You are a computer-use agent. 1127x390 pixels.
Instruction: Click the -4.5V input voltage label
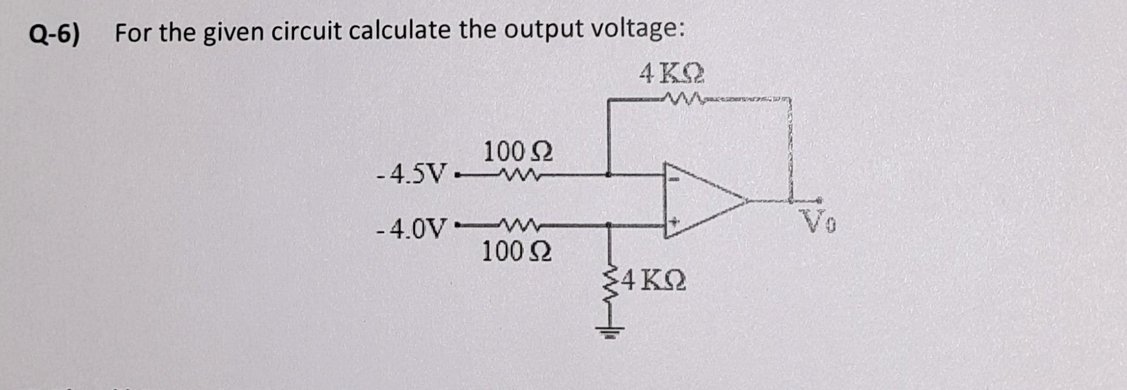pyautogui.click(x=411, y=174)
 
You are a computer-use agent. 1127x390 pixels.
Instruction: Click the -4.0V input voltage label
pyautogui.click(x=411, y=228)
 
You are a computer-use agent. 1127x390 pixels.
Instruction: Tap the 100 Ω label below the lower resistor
pyautogui.click(x=517, y=252)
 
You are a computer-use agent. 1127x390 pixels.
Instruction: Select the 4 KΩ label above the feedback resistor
pyautogui.click(x=672, y=75)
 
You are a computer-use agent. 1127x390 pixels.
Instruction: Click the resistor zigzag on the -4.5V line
pyautogui.click(x=515, y=174)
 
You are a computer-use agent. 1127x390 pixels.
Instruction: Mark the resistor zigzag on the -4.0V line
pyautogui.click(x=515, y=224)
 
